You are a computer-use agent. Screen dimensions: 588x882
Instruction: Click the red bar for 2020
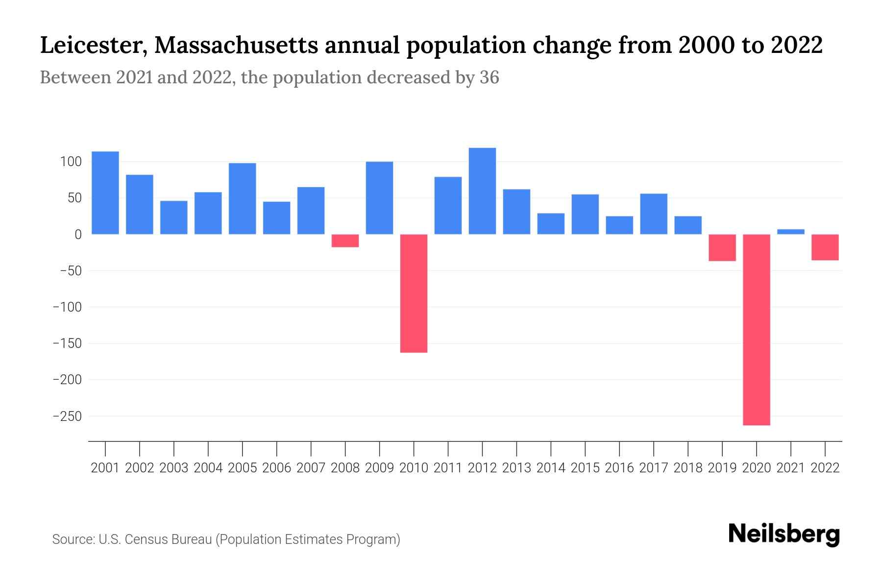tap(757, 329)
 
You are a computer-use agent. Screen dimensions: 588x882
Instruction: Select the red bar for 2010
tap(414, 293)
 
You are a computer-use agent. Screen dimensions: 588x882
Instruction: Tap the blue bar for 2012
tap(482, 191)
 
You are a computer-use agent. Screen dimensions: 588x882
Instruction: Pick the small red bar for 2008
tap(345, 241)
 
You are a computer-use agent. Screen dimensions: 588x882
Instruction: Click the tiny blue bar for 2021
tap(791, 232)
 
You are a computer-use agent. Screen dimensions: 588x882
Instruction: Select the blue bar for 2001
tap(105, 193)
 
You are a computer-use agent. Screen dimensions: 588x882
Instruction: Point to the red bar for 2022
tap(825, 247)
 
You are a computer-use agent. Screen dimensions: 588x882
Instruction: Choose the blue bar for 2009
tap(379, 198)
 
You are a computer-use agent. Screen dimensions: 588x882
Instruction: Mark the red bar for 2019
tap(722, 247)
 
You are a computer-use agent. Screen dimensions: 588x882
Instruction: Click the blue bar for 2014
tap(551, 223)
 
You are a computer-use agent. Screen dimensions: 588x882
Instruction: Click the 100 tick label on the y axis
tap(71, 162)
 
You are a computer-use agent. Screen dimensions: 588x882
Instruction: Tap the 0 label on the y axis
tap(78, 235)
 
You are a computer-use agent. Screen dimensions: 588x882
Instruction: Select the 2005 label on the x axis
tap(243, 468)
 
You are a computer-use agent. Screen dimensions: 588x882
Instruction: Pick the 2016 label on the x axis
tap(619, 468)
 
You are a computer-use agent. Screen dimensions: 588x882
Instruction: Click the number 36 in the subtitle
tap(489, 77)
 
